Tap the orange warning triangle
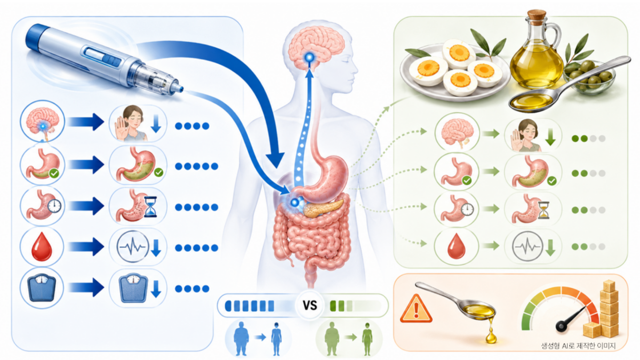click(416, 310)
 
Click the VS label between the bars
click(310, 306)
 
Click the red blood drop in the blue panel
click(42, 247)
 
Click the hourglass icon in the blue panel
click(150, 206)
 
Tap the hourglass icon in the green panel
click(543, 210)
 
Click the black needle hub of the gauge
click(561, 326)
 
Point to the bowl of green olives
click(590, 78)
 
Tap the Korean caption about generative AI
click(579, 346)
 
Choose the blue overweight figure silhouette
click(242, 339)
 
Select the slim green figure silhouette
click(367, 339)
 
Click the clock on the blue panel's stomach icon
click(54, 206)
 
